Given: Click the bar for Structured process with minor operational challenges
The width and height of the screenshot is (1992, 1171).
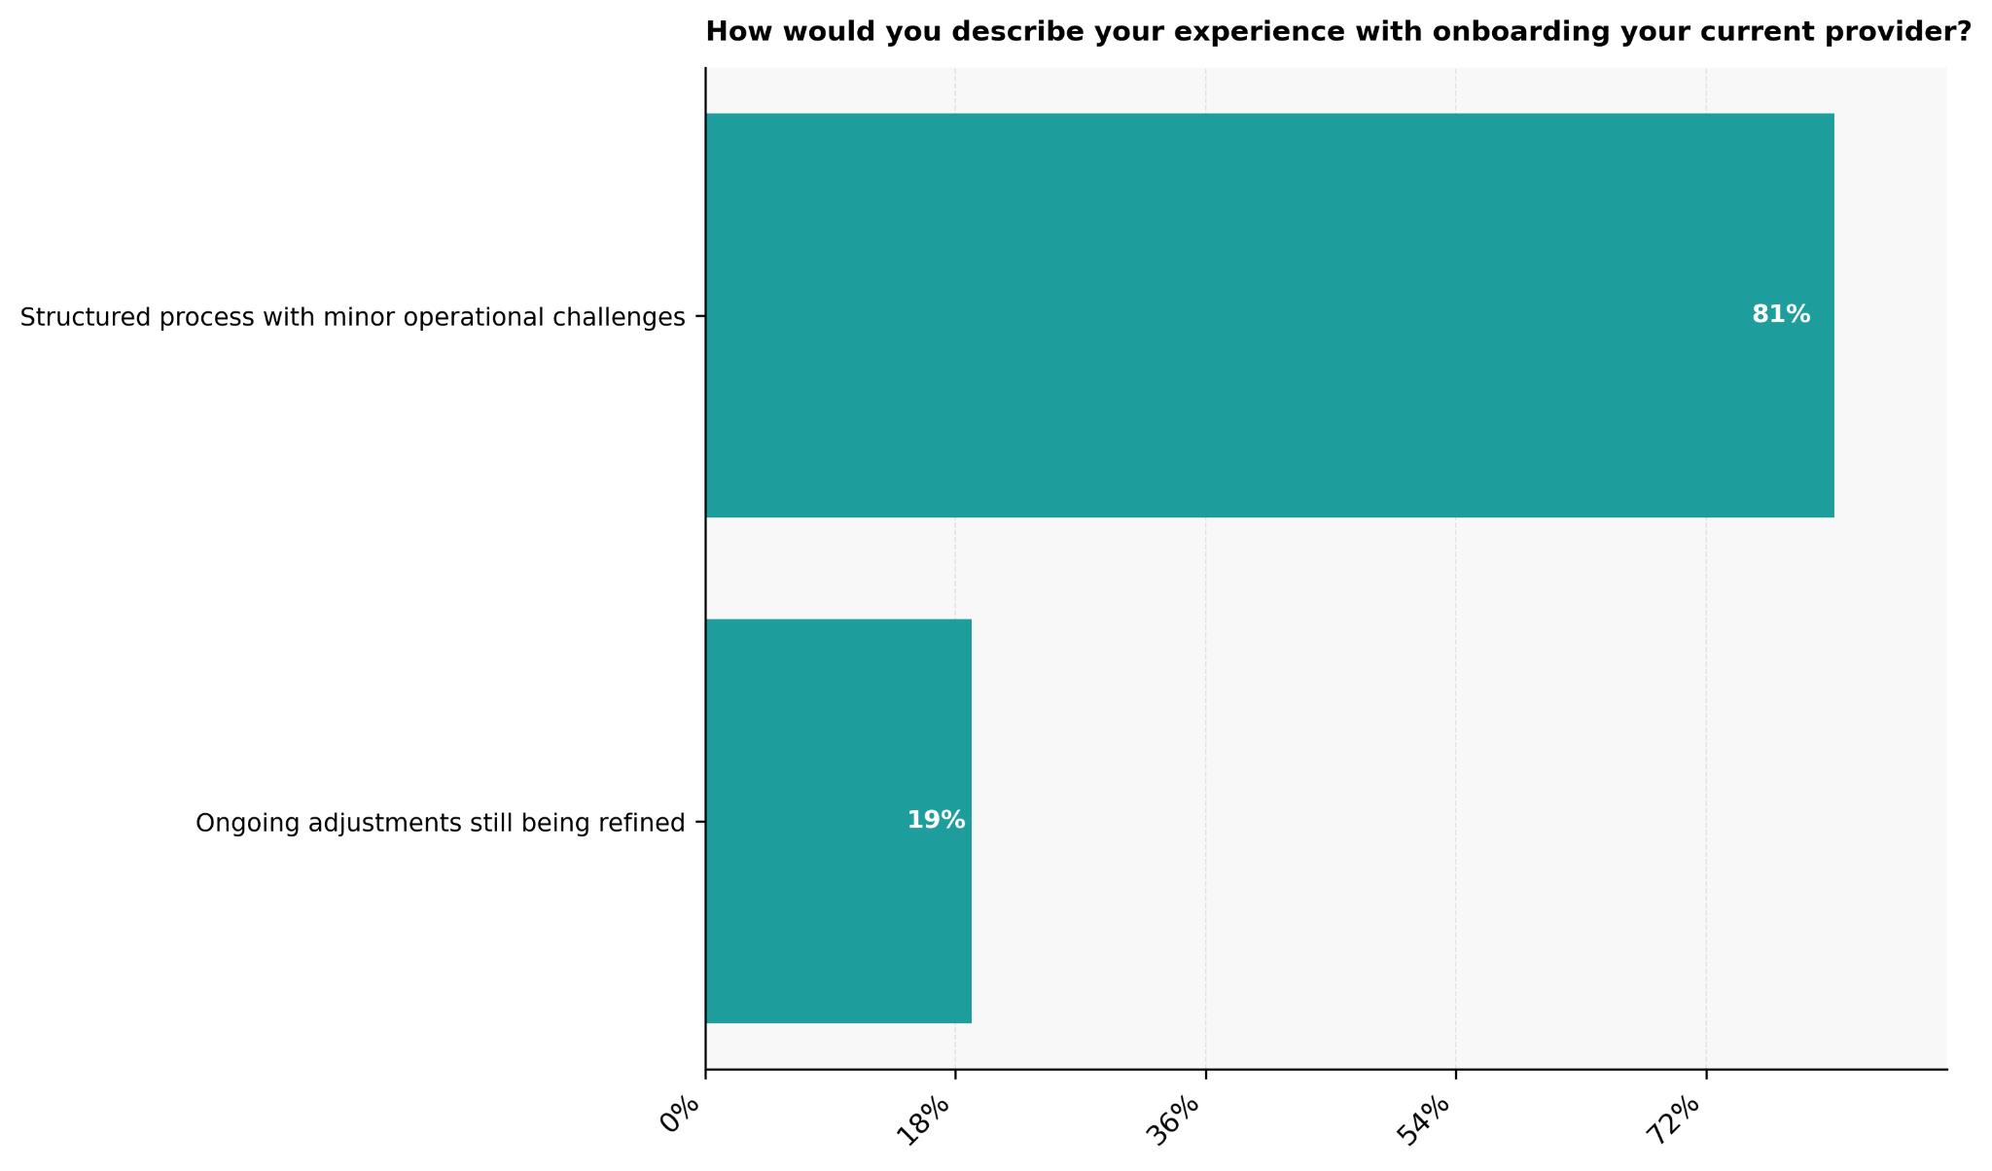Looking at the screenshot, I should click(x=1269, y=315).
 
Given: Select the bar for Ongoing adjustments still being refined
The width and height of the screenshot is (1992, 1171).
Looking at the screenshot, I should click(x=838, y=821).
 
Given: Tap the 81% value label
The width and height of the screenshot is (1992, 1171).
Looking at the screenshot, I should click(x=1780, y=315).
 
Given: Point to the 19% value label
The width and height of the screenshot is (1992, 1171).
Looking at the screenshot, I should click(x=936, y=821).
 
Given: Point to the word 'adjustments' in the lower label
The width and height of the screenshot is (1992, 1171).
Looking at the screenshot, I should click(x=371, y=824).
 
